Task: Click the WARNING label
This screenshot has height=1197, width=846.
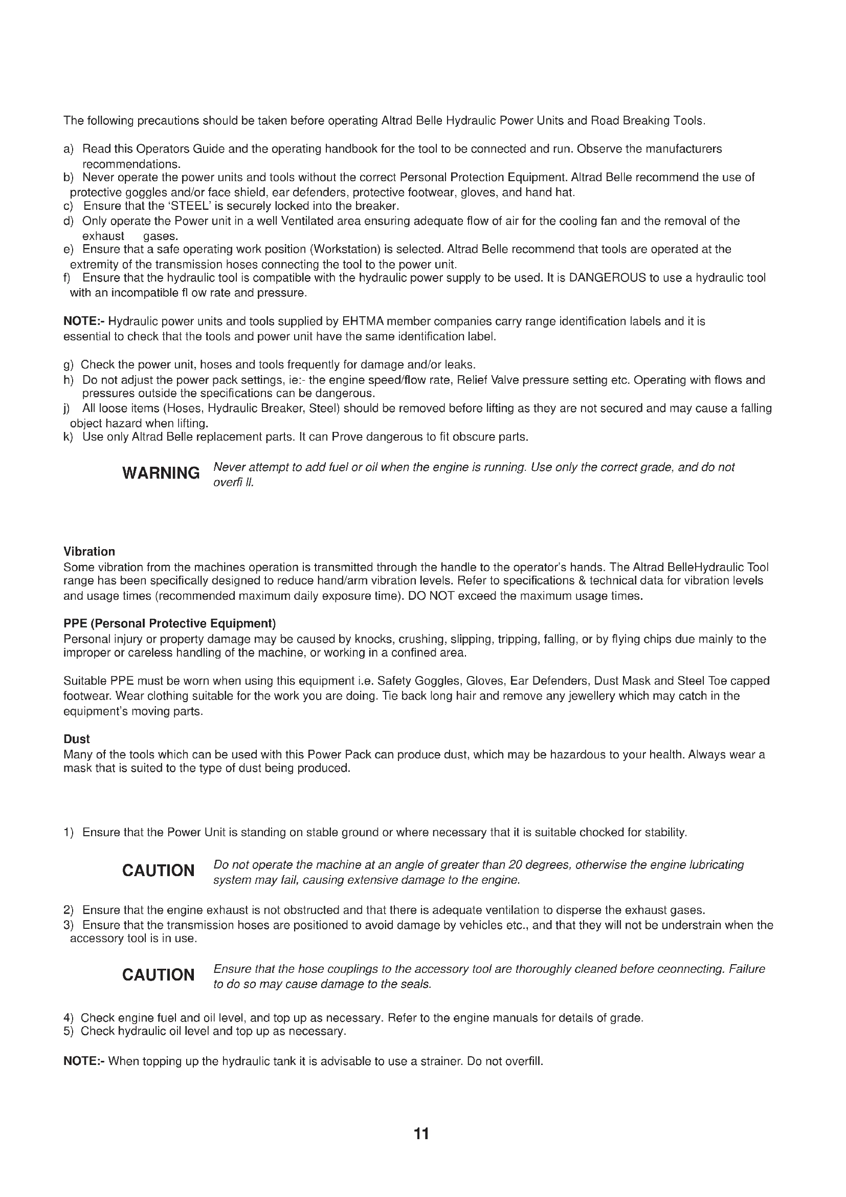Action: [x=161, y=473]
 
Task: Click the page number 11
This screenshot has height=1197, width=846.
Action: [x=421, y=1134]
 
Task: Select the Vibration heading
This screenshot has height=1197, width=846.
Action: [x=89, y=552]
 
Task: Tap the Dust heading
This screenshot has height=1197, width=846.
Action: [x=77, y=739]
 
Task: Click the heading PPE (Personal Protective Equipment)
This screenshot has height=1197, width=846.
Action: [x=169, y=623]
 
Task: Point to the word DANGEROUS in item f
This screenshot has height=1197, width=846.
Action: [x=608, y=278]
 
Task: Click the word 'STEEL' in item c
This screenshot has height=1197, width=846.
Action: [x=191, y=206]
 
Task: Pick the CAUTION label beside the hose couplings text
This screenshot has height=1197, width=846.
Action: [x=159, y=975]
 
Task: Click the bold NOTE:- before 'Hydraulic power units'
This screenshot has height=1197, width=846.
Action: [x=84, y=322]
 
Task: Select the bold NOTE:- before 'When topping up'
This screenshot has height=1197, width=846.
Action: [x=84, y=1061]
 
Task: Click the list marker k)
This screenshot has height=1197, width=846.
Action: [x=68, y=437]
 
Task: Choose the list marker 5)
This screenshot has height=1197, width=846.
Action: [x=68, y=1031]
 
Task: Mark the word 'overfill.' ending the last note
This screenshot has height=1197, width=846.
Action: [x=524, y=1061]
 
